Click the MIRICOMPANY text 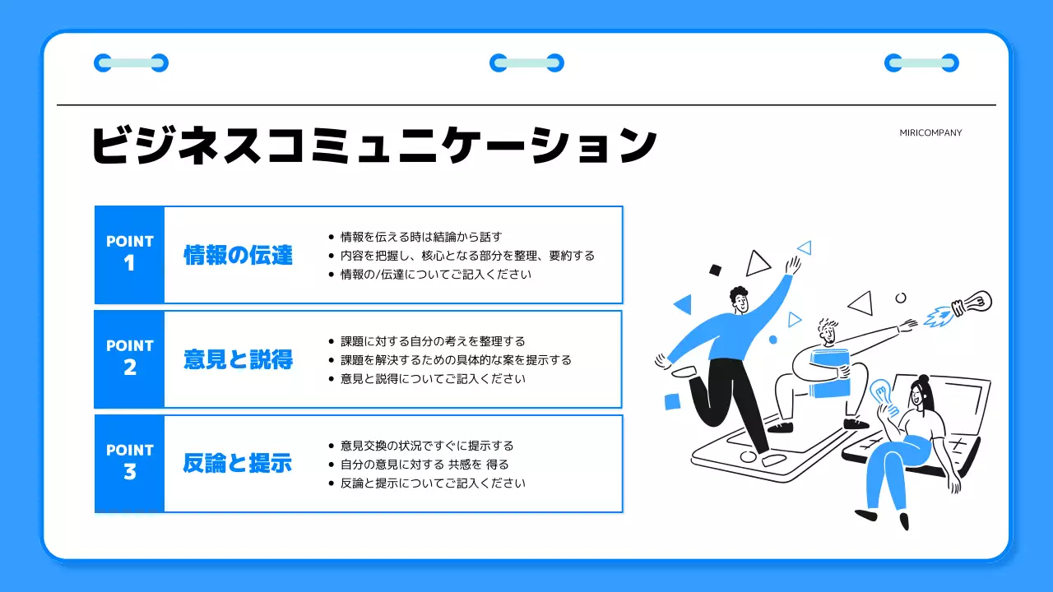pyautogui.click(x=930, y=133)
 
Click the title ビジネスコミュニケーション pyautogui.click(x=373, y=146)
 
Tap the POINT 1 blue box pyautogui.click(x=130, y=254)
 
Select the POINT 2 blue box pyautogui.click(x=130, y=358)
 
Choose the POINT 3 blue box pyautogui.click(x=130, y=463)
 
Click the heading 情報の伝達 pyautogui.click(x=238, y=255)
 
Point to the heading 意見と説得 pyautogui.click(x=238, y=359)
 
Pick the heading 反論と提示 pyautogui.click(x=238, y=464)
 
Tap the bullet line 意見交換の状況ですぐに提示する pyautogui.click(x=426, y=446)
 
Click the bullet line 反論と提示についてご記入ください pyautogui.click(x=432, y=483)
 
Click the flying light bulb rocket pyautogui.click(x=963, y=308)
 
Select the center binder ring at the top pyautogui.click(x=526, y=62)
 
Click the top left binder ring pyautogui.click(x=131, y=62)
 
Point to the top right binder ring pyautogui.click(x=921, y=62)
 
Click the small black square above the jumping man pyautogui.click(x=715, y=270)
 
